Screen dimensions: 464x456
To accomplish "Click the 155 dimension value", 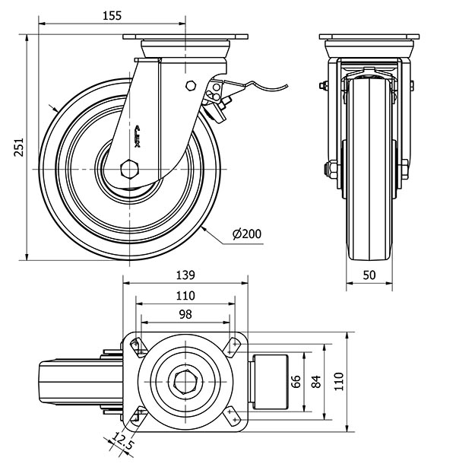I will click(x=110, y=14).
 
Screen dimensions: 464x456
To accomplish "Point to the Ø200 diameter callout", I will click(x=245, y=234).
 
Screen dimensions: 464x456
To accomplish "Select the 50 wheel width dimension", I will click(x=371, y=275).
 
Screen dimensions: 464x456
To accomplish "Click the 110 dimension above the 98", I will click(x=185, y=295).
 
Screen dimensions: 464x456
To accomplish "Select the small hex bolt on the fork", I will click(x=192, y=85).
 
